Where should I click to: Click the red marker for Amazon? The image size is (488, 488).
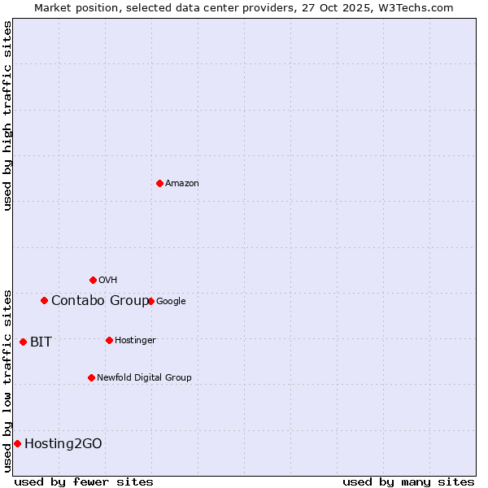click(x=159, y=183)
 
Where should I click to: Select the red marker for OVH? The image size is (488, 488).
click(x=93, y=280)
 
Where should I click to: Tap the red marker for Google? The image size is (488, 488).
click(x=150, y=301)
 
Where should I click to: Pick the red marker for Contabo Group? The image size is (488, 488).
click(x=44, y=300)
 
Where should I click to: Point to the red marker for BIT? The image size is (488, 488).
click(x=23, y=342)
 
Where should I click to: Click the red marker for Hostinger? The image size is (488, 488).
click(x=109, y=340)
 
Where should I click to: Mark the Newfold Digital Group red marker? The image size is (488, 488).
click(x=91, y=377)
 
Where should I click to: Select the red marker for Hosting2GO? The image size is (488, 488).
click(x=17, y=443)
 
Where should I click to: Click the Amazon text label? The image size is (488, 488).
click(x=182, y=184)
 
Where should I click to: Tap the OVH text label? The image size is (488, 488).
click(x=108, y=281)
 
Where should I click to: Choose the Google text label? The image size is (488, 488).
click(x=171, y=302)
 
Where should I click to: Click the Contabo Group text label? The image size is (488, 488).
click(x=100, y=301)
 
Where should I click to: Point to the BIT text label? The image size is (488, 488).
click(x=41, y=342)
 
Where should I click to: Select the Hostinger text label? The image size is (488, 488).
click(x=135, y=341)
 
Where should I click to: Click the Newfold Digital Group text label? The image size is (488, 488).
click(x=144, y=378)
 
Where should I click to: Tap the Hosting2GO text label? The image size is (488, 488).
click(x=63, y=444)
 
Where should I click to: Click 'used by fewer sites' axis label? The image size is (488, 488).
click(x=84, y=481)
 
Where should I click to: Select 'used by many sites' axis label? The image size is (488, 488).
click(x=408, y=481)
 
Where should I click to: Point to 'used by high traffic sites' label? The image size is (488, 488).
click(x=7, y=115)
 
